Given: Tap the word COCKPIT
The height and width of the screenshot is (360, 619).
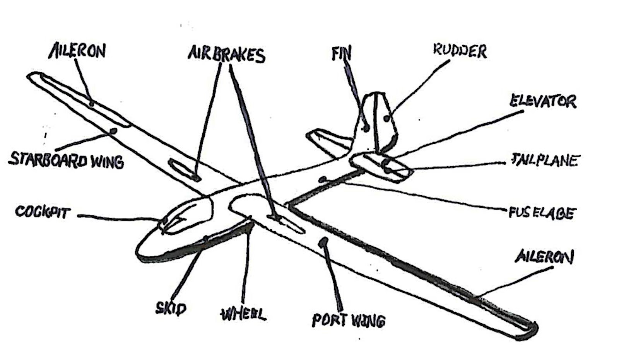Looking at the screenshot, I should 43,212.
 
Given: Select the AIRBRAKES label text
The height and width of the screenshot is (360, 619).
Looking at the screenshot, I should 226,55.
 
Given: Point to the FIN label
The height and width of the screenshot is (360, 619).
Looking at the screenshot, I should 341,54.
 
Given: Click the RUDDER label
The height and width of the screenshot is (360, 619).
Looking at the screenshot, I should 460,51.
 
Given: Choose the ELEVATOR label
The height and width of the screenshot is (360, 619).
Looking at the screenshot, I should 543,101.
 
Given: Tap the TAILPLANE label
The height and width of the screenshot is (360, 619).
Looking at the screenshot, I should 545,160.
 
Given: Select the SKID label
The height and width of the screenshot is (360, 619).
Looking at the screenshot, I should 171,308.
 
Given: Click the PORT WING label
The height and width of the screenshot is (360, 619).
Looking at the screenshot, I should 349,321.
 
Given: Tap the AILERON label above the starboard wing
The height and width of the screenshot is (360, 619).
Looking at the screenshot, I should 78,50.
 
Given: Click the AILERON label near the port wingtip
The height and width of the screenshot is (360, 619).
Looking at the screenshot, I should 544,257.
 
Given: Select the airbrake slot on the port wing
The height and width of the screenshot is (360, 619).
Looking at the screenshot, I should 288,224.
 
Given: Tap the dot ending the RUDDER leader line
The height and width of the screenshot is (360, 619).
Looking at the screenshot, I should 386,118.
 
